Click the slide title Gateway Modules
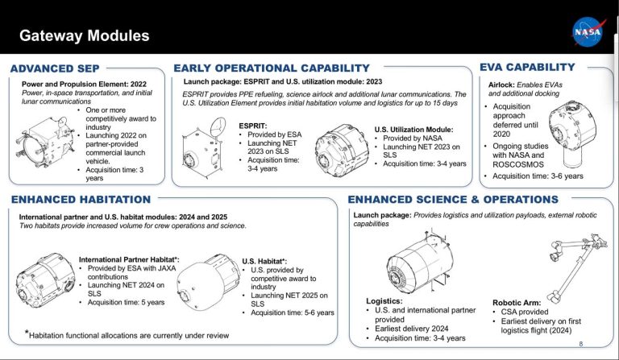[85, 36]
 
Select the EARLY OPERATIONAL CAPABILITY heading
[272, 68]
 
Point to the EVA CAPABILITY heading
[527, 67]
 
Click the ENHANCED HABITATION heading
[81, 199]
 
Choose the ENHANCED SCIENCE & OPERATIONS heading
[463, 199]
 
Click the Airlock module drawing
[575, 131]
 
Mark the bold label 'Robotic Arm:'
[517, 303]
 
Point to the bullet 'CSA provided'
[527, 312]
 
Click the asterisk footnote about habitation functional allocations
[126, 333]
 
